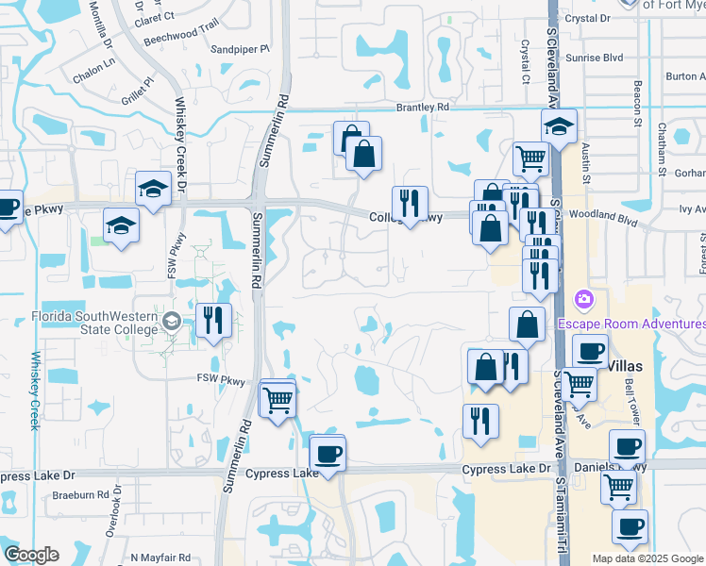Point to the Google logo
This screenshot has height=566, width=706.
pos(32,555)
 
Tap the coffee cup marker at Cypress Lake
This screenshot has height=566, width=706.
pos(328,453)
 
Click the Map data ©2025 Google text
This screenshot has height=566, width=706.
pos(647,558)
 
